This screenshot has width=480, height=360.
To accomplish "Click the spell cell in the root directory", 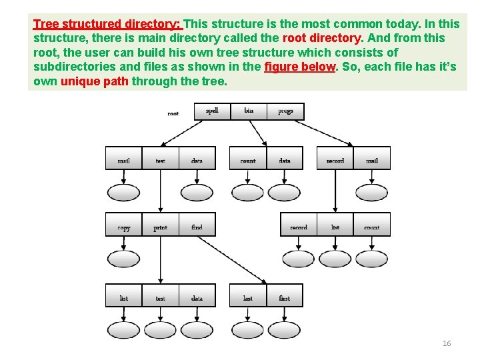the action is [x=212, y=111].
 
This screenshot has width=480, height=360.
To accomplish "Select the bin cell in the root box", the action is [x=249, y=111].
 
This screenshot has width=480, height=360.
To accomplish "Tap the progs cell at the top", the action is [x=285, y=111].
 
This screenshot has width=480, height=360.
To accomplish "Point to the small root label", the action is [x=173, y=113].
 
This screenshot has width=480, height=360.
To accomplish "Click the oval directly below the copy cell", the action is [x=124, y=259].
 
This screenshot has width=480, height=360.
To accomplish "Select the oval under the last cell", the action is [x=248, y=330].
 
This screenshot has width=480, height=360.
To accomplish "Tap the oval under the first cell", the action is [x=285, y=330].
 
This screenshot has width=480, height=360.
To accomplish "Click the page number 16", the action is [x=447, y=343].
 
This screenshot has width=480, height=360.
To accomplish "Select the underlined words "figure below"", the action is [x=299, y=67].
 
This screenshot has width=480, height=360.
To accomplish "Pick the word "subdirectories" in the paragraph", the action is [x=73, y=67].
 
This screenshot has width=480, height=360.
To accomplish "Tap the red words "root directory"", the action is [x=322, y=38].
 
